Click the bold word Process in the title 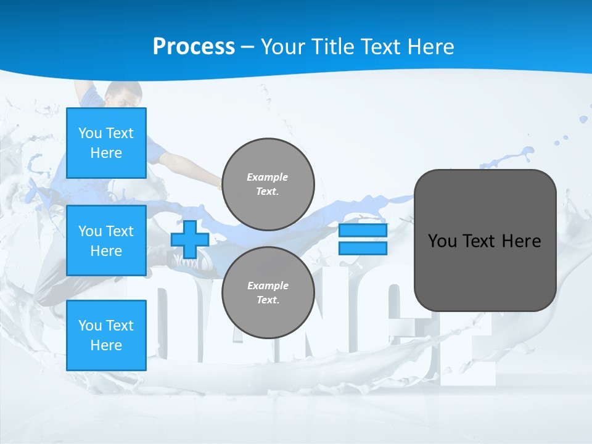(194, 47)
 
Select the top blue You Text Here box (106, 143)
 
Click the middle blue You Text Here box (106, 240)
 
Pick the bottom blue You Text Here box (106, 335)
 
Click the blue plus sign (189, 239)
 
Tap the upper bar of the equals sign (363, 230)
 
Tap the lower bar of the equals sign (363, 249)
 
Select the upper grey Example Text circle (268, 184)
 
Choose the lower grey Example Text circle (268, 292)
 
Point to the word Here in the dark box (521, 241)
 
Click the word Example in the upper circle (268, 177)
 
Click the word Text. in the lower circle (268, 300)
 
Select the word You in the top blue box (90, 133)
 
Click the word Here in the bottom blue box (106, 345)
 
